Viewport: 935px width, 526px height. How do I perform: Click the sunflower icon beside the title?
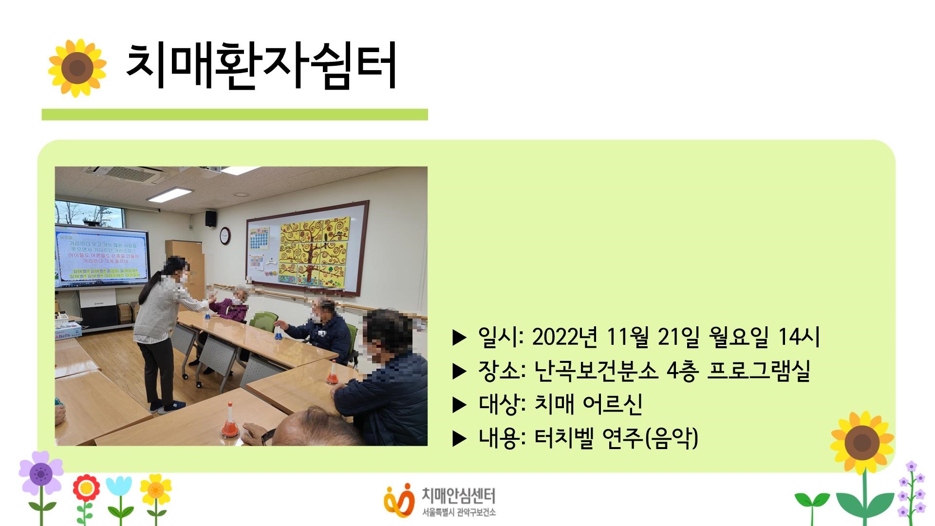coord(77,68)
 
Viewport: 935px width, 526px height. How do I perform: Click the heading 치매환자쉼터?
coord(261,67)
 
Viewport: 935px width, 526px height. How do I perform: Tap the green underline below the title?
coord(234,114)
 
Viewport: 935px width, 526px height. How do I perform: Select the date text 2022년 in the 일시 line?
coord(564,337)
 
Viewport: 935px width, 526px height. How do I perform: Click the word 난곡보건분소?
coord(596,371)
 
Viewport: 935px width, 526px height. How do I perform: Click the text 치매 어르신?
coord(588,404)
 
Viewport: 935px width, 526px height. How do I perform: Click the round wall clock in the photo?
coord(225,236)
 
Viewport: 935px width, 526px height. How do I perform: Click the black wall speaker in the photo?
coord(210,218)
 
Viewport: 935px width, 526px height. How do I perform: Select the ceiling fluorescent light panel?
coord(169,194)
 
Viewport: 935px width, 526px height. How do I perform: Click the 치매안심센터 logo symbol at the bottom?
coord(398,499)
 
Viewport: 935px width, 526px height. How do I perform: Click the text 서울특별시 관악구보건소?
coord(459,512)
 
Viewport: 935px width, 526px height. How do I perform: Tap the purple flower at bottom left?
coord(41,472)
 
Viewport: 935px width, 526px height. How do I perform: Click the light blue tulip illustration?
coord(119,488)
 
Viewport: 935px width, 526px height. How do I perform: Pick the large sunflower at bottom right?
coord(862,442)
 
